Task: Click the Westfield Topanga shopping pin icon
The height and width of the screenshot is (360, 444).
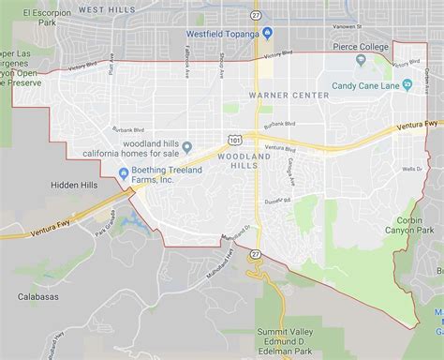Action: (x=267, y=35)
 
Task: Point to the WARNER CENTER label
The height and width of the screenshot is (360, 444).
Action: (x=287, y=96)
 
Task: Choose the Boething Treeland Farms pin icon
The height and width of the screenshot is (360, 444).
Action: (x=124, y=172)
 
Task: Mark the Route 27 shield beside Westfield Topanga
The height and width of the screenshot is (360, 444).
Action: (x=255, y=16)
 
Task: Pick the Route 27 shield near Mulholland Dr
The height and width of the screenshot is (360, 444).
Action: (x=254, y=254)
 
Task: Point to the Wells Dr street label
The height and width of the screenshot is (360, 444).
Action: (x=412, y=170)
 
